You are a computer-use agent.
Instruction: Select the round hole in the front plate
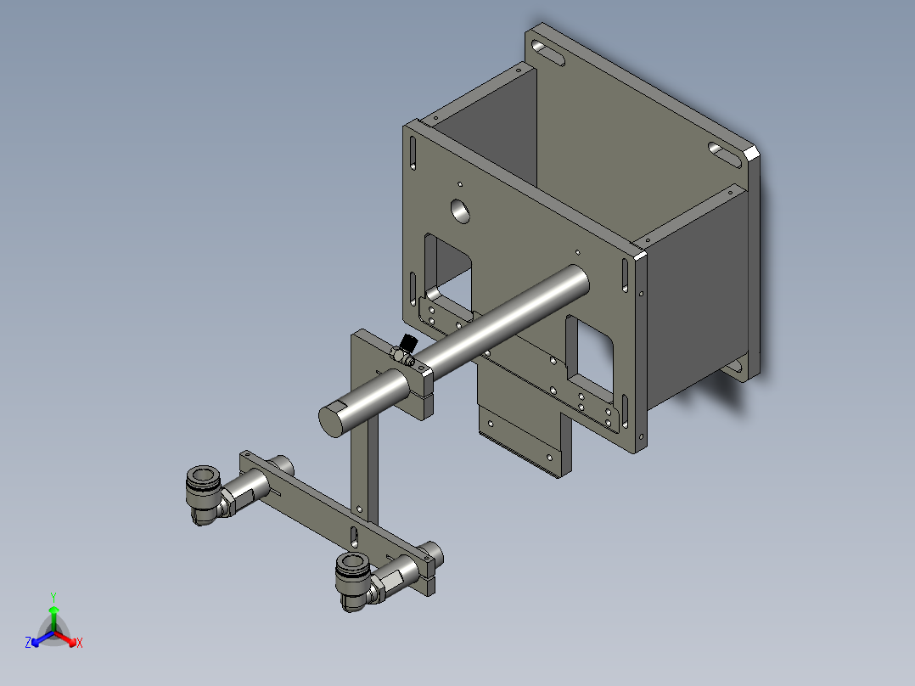tap(460, 210)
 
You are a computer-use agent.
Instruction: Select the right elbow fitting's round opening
tap(351, 565)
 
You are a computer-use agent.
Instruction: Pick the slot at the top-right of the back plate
tap(725, 155)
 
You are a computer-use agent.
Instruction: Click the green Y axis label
tap(53, 597)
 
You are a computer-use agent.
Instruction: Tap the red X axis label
tap(79, 644)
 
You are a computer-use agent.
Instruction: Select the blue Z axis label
tap(28, 644)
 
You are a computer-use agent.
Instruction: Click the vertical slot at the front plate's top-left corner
tap(413, 153)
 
